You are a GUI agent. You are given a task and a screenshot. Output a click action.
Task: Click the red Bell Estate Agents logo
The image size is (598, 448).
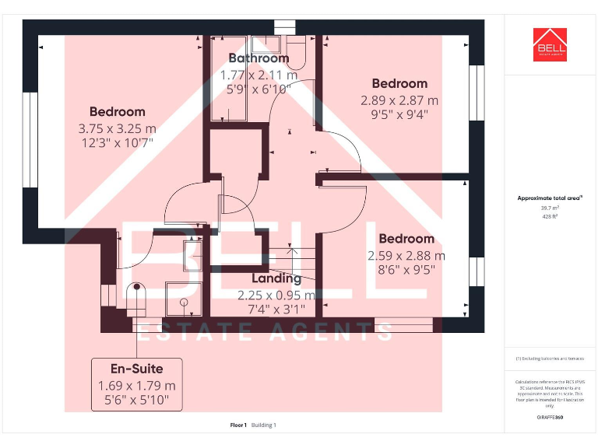coord(550,45)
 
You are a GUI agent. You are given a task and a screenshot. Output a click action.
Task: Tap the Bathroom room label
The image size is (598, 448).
coord(259,58)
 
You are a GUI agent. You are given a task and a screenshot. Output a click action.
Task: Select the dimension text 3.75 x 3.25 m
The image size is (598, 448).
coord(117,128)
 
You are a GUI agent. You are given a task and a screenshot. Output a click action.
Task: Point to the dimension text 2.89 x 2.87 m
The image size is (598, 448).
coord(399,100)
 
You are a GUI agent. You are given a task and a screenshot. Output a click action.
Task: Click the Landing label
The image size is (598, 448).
coord(276,278)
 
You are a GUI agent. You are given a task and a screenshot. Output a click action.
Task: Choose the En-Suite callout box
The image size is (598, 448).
coord(137,384)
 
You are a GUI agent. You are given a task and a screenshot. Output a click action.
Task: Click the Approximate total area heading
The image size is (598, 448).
coord(550,198)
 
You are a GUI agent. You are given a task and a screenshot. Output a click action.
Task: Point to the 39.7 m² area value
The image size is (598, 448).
coord(550,208)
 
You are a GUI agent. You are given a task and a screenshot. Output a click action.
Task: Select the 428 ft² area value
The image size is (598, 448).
coord(550,217)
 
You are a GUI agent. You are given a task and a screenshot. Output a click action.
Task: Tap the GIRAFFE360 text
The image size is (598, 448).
coord(550,418)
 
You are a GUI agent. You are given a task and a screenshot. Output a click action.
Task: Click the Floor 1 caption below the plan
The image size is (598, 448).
coord(238,425)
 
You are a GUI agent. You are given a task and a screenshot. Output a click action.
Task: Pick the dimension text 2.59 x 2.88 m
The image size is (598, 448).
coord(406,255)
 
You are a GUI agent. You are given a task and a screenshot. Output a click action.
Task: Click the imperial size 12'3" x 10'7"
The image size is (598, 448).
coord(117,142)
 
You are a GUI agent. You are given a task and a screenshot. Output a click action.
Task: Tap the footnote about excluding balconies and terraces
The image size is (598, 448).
coord(550,359)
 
